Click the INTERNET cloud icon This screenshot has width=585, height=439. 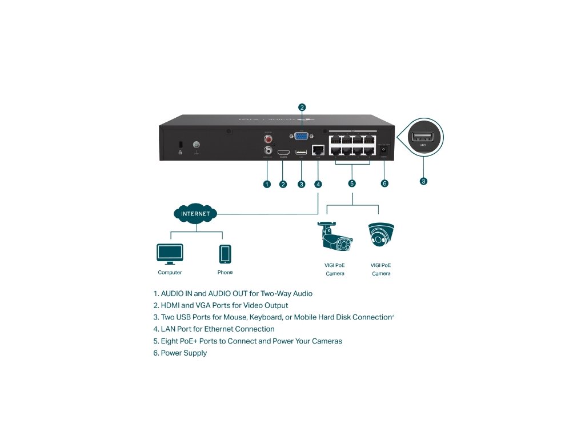(195, 214)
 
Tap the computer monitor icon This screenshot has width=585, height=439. (170, 253)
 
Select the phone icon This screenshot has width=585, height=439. (225, 253)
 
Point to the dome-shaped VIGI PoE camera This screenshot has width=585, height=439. (381, 236)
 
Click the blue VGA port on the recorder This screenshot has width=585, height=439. (302, 136)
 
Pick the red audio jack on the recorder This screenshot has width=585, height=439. (267, 138)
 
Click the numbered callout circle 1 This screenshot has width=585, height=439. (267, 183)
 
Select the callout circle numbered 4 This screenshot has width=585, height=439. (318, 183)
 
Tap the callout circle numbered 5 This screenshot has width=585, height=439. (352, 183)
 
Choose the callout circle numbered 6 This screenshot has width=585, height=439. (384, 183)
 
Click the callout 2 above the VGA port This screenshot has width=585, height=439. (302, 107)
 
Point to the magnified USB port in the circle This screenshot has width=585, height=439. (423, 137)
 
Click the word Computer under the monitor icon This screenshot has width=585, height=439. (170, 273)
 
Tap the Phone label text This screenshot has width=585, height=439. (225, 273)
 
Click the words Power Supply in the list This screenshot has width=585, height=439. (184, 353)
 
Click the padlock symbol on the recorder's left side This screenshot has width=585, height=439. (181, 152)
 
